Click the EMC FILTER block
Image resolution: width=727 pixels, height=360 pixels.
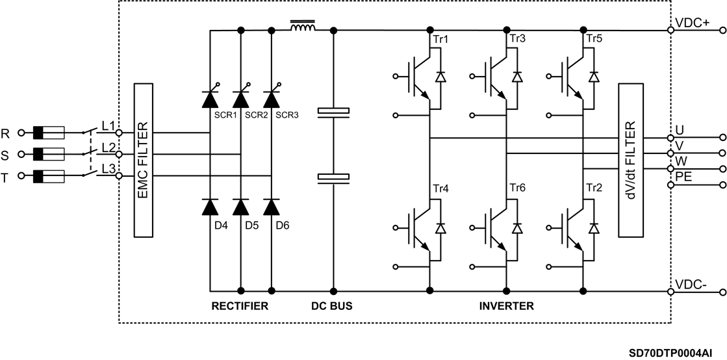point(143,160)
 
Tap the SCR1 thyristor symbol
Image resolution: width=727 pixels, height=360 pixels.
point(210,99)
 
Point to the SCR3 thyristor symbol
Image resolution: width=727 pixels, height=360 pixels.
point(272,99)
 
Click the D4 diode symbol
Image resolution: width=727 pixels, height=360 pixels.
point(210,207)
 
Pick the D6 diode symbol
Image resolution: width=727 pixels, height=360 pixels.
point(272,207)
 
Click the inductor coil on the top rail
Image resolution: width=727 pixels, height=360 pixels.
point(302,28)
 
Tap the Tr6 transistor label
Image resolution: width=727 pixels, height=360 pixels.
point(517,189)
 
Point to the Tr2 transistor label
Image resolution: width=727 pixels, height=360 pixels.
point(594,189)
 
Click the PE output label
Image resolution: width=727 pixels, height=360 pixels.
point(683,177)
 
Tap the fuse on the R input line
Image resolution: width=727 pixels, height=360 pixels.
point(49,133)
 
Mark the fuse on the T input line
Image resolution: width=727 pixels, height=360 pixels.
point(49,176)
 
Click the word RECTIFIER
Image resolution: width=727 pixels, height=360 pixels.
point(240,306)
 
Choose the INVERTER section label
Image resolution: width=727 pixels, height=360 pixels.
point(506,306)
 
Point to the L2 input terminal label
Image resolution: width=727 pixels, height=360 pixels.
point(108,147)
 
